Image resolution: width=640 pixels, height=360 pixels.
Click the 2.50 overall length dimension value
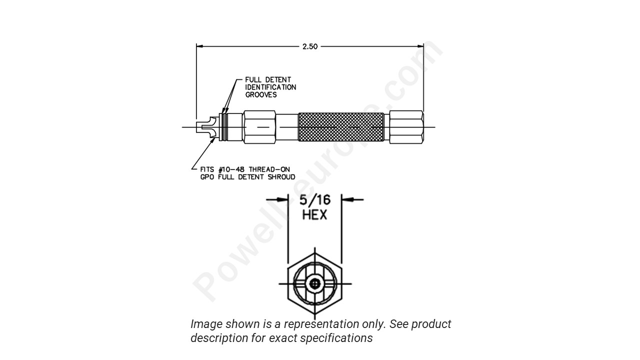[310, 46]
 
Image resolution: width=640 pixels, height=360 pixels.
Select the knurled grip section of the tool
[341, 127]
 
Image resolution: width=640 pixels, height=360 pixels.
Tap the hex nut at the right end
[406, 127]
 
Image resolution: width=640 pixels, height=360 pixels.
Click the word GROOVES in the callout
[260, 94]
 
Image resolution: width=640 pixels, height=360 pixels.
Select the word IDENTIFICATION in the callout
[270, 87]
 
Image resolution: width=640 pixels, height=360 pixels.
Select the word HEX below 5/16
[314, 215]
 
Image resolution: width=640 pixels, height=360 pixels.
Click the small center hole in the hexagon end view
[314, 283]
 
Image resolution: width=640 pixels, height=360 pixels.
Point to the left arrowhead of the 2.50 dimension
[199, 46]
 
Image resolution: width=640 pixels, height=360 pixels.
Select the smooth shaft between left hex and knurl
[286, 127]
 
